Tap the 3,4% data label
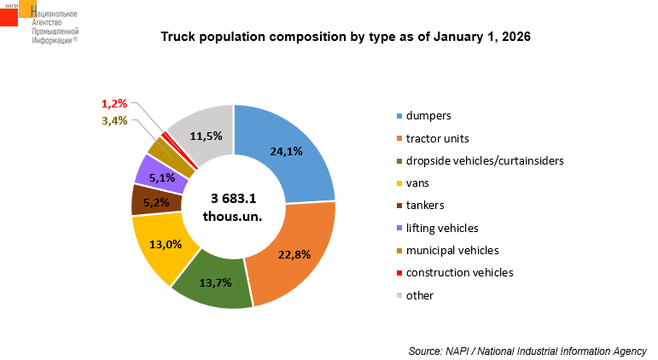[114, 121]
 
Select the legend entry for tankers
[425, 205]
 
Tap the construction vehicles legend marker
[399, 273]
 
